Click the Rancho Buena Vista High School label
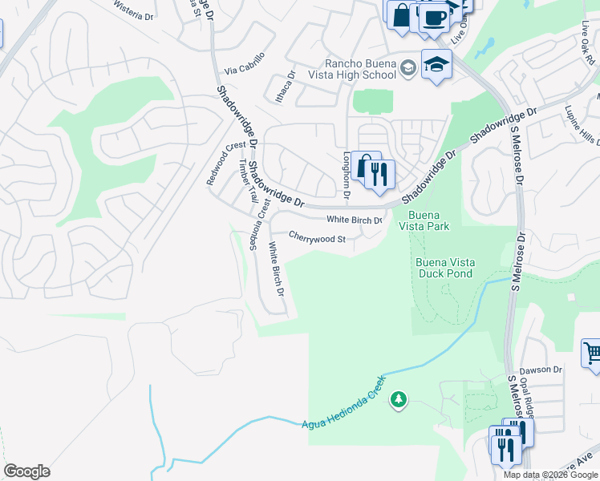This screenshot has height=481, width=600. pyautogui.click(x=360, y=69)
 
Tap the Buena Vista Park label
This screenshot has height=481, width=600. pyautogui.click(x=428, y=220)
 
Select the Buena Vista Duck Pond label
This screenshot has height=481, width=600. pyautogui.click(x=444, y=268)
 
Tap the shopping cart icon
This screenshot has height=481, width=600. pyautogui.click(x=592, y=353)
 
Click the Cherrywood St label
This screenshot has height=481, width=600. pyautogui.click(x=317, y=239)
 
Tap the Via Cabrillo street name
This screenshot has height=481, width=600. pyautogui.click(x=245, y=69)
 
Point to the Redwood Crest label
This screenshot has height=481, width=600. pyautogui.click(x=225, y=163)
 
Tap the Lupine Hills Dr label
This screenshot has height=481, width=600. pyautogui.click(x=582, y=124)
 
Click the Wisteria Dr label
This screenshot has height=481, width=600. pyautogui.click(x=133, y=15)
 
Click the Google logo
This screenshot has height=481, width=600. pyautogui.click(x=26, y=471)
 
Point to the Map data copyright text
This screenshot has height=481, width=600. pyautogui.click(x=551, y=475)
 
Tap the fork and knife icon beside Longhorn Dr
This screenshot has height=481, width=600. pyautogui.click(x=380, y=174)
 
